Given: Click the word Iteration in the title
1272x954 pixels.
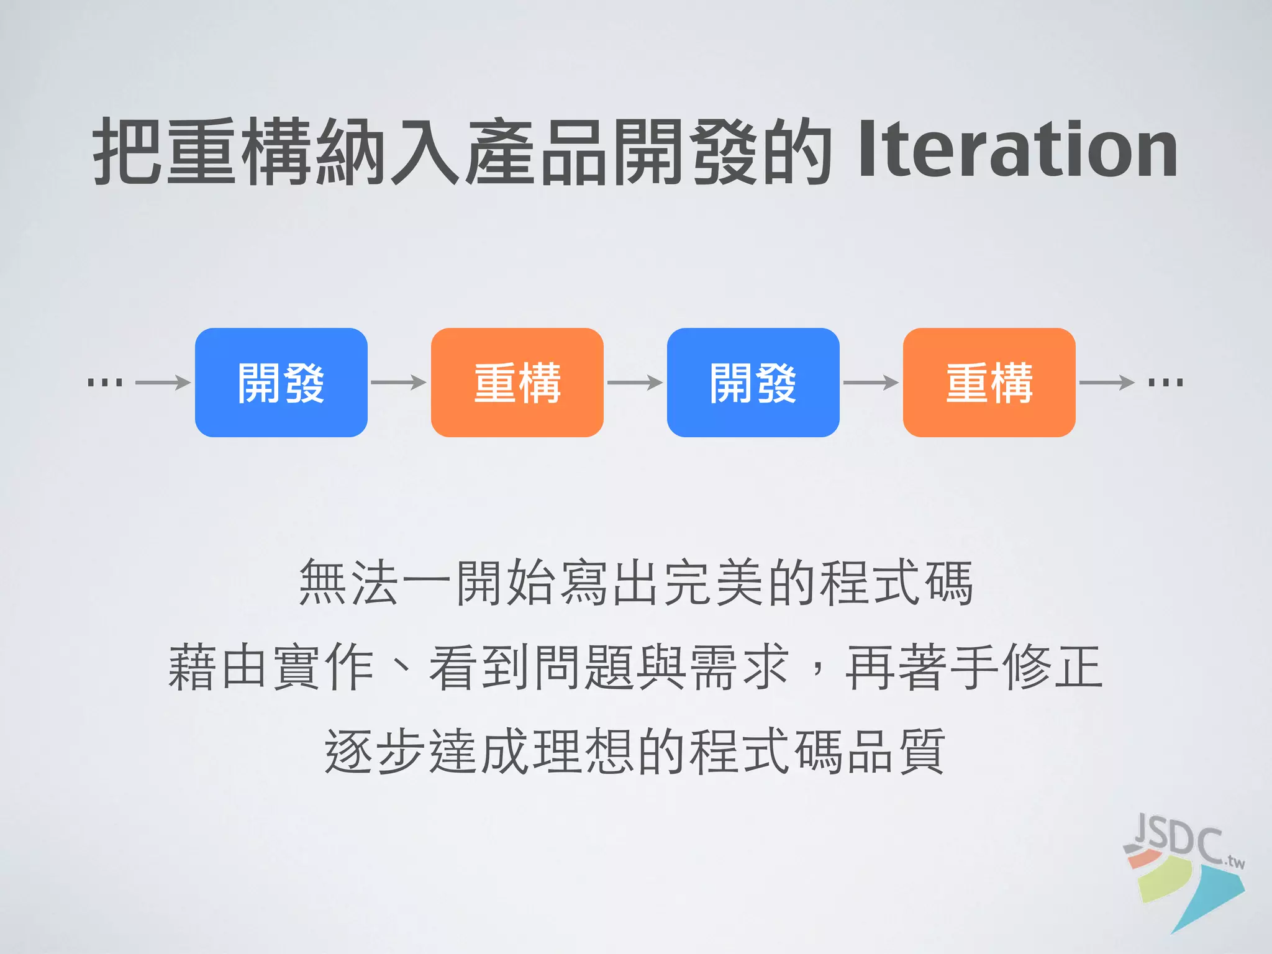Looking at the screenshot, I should (1017, 151).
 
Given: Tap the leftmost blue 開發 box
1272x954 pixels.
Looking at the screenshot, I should (281, 383).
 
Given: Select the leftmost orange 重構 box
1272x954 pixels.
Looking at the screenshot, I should (517, 383).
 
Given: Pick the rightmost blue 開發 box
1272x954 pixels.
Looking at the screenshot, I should (753, 383).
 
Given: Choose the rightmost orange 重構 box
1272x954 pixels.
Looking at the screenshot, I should (989, 383).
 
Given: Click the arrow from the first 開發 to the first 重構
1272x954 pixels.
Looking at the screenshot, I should (399, 383).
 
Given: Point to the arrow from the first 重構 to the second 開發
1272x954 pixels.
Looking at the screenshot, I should (635, 383).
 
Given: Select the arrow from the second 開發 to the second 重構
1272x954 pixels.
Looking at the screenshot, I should (871, 383).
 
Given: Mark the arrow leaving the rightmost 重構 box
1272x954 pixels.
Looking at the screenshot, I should (1107, 383).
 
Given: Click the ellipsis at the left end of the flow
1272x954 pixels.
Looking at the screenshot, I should (105, 382).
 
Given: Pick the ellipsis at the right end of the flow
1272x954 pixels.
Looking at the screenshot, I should (1165, 382).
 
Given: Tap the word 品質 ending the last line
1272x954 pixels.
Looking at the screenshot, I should (895, 752).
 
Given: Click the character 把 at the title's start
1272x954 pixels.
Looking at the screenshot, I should (128, 151).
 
